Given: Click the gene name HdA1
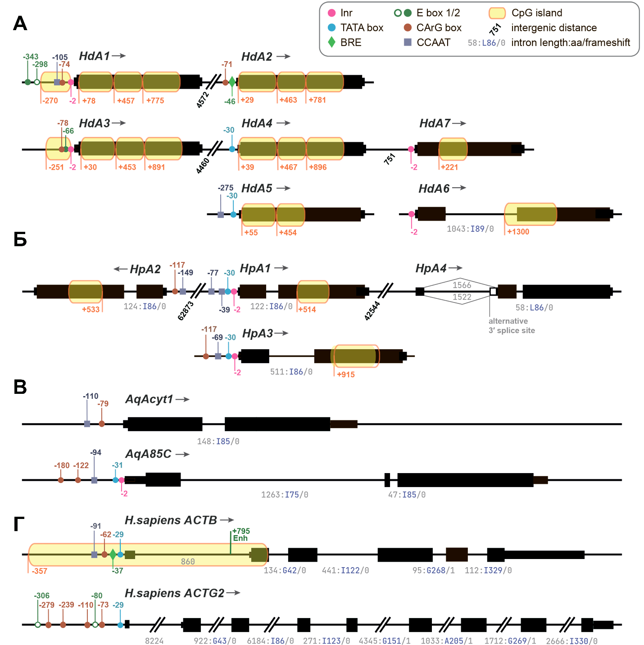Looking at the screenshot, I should [94, 56].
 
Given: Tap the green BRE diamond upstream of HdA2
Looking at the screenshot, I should [232, 82].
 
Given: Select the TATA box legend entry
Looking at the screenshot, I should [356, 27].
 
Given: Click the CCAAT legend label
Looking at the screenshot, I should [433, 42].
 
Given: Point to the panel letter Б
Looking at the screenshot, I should [20, 240].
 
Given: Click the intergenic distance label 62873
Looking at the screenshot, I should [186, 311].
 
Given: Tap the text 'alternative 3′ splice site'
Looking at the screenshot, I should [512, 325].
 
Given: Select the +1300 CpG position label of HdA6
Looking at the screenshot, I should [518, 232].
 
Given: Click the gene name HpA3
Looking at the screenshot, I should [257, 334].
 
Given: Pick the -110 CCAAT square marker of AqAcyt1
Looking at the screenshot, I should [87, 424].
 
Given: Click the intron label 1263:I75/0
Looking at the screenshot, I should [285, 495].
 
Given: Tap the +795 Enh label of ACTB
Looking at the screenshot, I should [241, 534].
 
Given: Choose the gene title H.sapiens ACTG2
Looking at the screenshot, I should [174, 593].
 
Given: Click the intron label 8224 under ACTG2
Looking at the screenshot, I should [154, 641].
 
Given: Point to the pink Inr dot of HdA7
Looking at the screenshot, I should [411, 149].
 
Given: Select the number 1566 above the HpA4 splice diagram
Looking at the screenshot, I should [462, 285].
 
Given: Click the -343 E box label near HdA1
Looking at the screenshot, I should [31, 57].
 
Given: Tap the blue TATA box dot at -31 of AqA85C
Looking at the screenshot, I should [116, 480].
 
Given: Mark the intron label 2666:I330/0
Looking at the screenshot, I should [571, 641].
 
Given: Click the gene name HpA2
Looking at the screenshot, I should [145, 269].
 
